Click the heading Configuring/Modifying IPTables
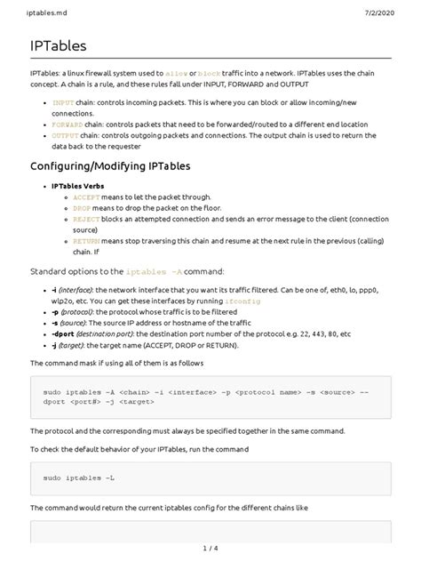coord(111,165)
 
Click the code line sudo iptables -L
coord(80,479)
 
